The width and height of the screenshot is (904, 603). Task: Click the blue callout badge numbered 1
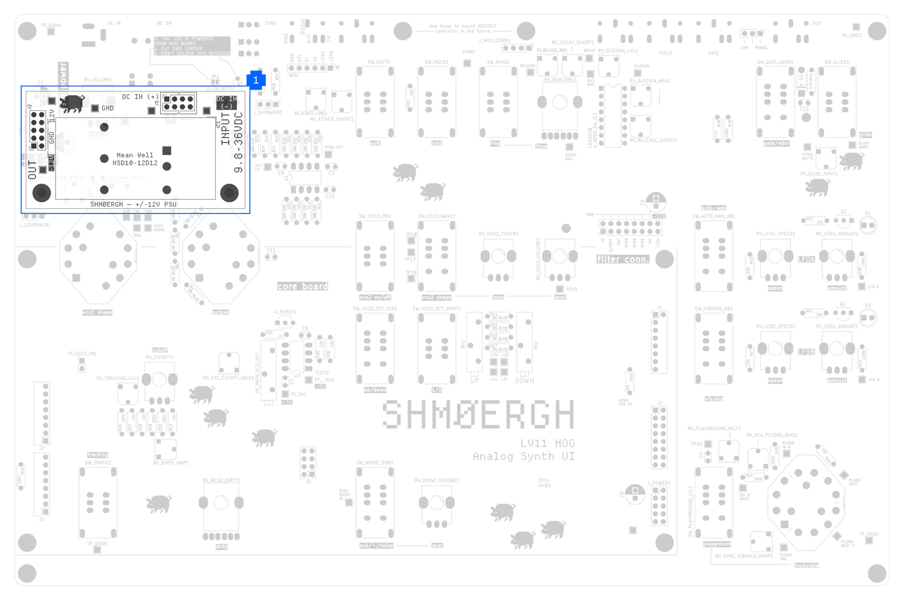[256, 80]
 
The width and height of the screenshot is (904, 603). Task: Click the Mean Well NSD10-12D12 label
[135, 159]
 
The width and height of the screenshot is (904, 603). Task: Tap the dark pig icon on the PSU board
[72, 104]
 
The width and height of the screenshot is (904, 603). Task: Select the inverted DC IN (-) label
[226, 103]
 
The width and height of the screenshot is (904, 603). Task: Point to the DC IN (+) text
[140, 97]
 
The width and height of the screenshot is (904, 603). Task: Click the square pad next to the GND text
[95, 108]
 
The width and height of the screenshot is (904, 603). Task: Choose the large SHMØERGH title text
[478, 414]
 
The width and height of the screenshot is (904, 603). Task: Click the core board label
[302, 286]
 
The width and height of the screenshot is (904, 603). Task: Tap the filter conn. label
[622, 259]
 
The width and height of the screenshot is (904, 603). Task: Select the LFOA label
[806, 259]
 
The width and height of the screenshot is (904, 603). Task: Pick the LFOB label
[806, 351]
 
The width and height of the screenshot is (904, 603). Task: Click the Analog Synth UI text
[524, 456]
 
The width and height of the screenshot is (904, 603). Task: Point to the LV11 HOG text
[547, 443]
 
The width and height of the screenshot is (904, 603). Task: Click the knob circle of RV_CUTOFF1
[159, 380]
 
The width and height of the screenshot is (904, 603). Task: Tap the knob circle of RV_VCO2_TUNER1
[498, 256]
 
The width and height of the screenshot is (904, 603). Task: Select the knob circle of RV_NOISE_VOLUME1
[437, 503]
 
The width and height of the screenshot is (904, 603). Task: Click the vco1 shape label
[97, 312]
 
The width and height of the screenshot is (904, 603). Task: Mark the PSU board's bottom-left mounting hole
[42, 193]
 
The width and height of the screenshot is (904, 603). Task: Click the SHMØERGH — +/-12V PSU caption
[133, 204]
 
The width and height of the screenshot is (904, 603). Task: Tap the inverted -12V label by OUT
[52, 163]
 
